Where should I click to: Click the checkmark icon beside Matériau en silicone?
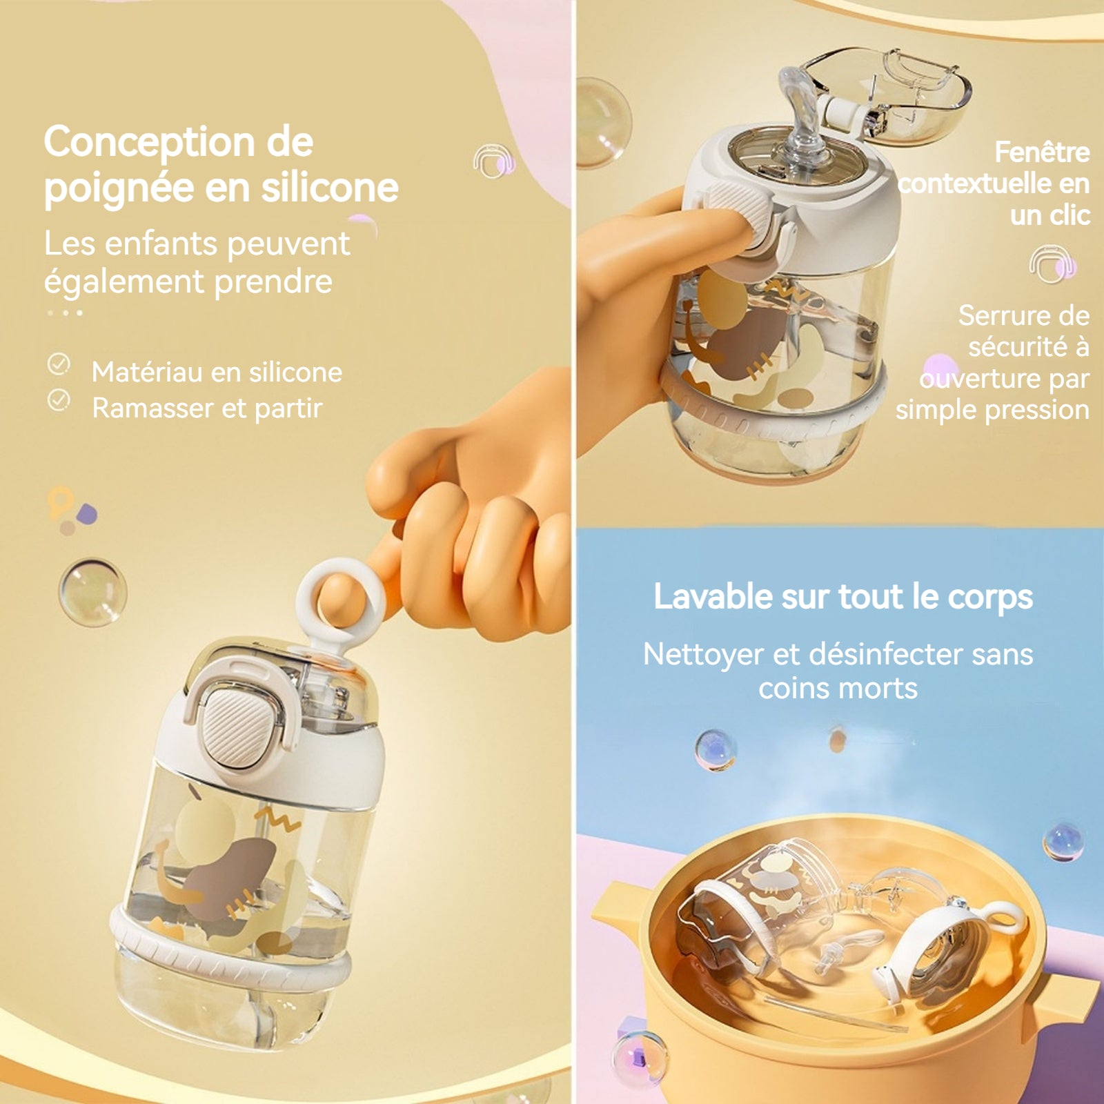click(x=59, y=364)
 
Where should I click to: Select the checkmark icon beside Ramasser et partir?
click(x=59, y=400)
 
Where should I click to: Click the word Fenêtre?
click(x=1042, y=152)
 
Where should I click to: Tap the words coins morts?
click(x=838, y=689)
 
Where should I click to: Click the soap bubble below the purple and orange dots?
click(x=92, y=592)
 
